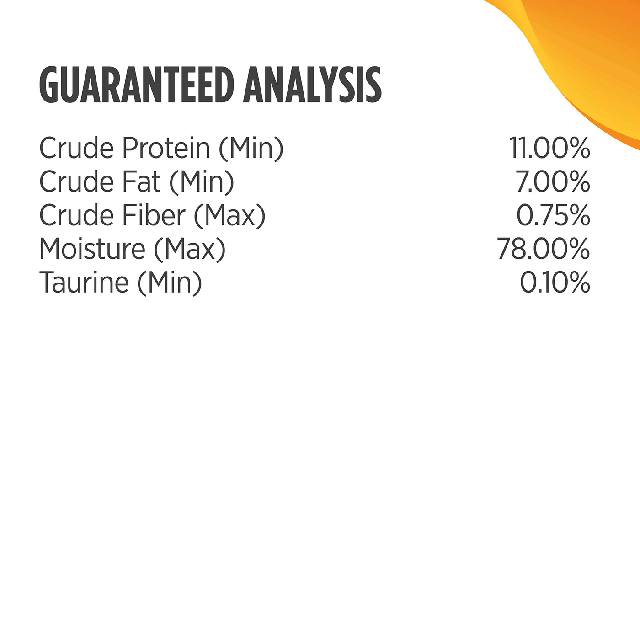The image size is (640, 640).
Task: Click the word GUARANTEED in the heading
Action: click(137, 85)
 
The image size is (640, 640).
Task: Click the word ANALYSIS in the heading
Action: click(312, 85)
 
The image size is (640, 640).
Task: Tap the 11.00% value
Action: click(549, 148)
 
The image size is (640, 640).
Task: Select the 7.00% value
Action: click(553, 181)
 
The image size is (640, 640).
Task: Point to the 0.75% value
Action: click(553, 215)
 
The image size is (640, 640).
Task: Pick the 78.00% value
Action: click(544, 249)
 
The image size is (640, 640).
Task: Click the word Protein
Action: click(166, 148)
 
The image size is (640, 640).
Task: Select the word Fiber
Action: click(154, 215)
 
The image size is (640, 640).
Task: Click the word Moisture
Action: click(92, 249)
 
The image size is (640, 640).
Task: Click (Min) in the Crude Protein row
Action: click(251, 149)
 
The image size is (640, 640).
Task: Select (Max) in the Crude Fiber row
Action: click(230, 216)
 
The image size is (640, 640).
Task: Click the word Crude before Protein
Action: click(77, 148)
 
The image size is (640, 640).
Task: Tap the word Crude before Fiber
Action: click(77, 215)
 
